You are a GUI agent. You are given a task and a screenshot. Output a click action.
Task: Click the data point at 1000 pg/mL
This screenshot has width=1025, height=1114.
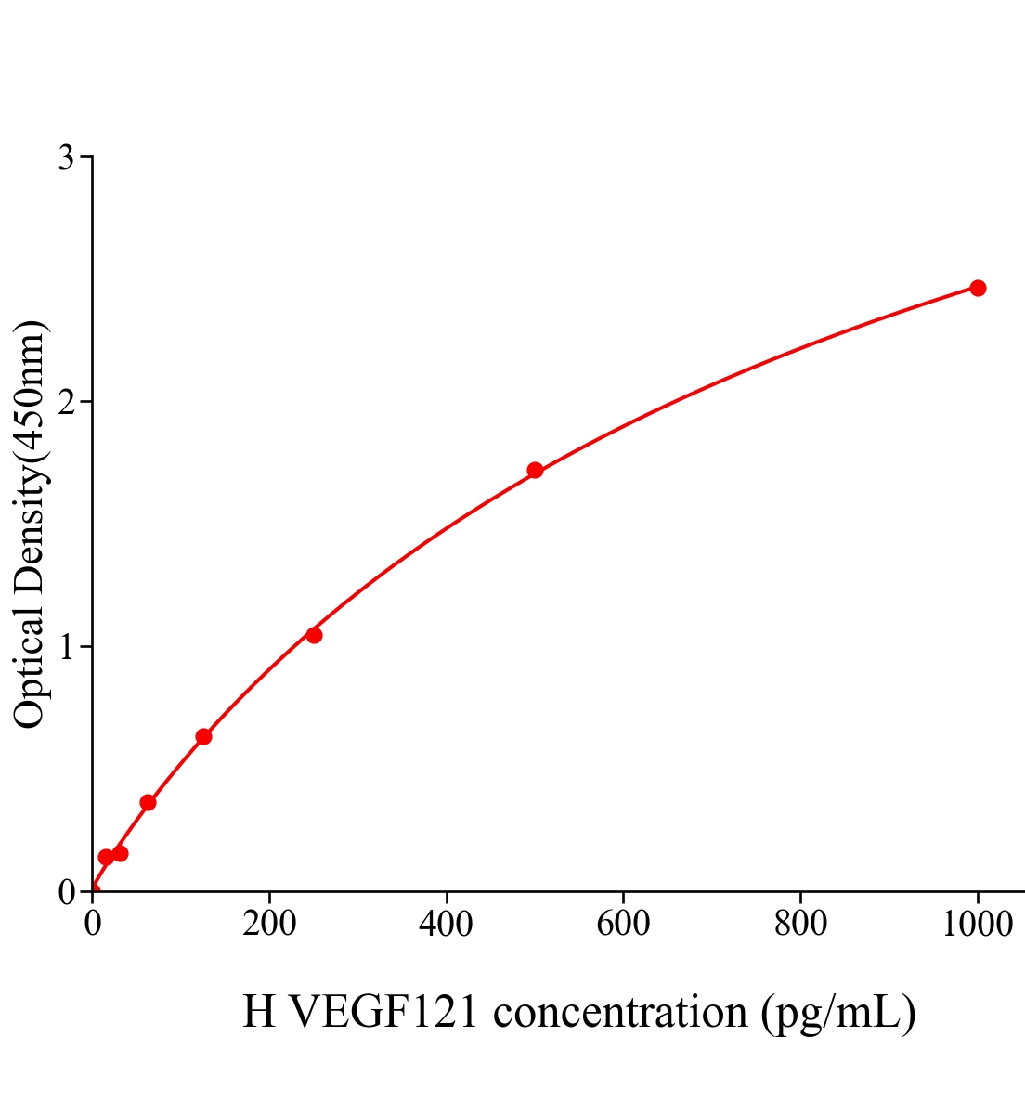point(978,288)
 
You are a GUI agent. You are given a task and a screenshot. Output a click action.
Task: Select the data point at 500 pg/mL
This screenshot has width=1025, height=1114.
point(535,470)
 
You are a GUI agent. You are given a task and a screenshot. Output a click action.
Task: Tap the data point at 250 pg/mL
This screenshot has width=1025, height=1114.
point(314,635)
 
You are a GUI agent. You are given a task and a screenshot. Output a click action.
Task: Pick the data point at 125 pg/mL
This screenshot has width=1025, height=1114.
point(203,736)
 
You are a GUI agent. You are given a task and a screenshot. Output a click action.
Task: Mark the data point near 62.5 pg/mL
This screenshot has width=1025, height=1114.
point(148,802)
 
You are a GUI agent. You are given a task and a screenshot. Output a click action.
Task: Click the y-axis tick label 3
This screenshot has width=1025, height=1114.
point(66,158)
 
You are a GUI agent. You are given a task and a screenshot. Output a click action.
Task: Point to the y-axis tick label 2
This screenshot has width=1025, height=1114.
point(66,402)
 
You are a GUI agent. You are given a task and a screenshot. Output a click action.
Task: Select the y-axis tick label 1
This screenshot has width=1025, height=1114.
point(66,647)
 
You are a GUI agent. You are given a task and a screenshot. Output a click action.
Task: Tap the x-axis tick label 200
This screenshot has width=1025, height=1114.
point(269,925)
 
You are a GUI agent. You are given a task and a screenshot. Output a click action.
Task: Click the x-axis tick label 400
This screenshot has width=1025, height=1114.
point(446,925)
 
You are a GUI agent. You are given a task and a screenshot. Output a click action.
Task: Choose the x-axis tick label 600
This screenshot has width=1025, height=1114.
point(623,925)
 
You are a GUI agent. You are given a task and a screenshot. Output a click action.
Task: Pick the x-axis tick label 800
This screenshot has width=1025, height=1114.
point(800,925)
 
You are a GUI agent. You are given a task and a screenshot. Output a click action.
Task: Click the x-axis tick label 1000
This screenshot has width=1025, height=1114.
point(977,925)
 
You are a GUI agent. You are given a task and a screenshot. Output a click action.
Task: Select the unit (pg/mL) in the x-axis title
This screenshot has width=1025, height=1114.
point(837,1012)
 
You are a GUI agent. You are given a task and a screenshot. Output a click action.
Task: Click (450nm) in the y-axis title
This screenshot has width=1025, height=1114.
point(30,391)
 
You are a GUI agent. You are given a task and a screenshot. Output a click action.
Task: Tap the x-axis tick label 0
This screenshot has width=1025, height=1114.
point(93,925)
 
